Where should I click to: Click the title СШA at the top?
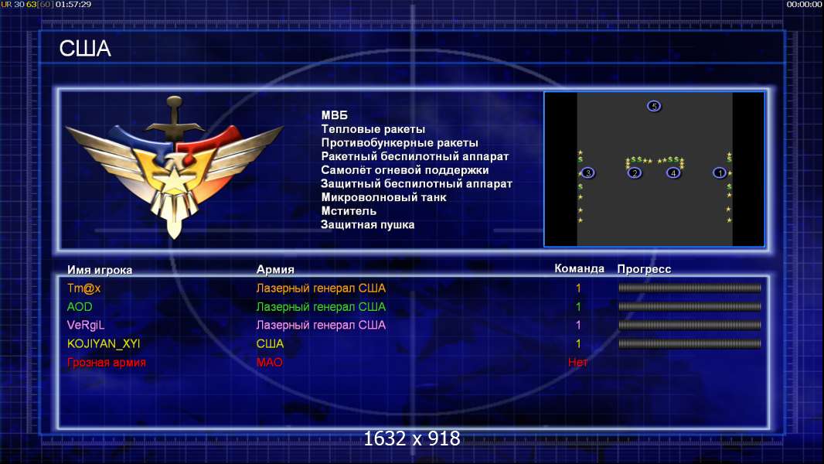coord(84,49)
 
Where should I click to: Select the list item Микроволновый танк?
coord(383,197)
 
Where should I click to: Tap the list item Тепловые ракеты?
coord(373,129)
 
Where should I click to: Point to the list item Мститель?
coord(349,211)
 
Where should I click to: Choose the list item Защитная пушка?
coord(367,225)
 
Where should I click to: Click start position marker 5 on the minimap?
coord(654,106)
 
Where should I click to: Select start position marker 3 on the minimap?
coord(588,172)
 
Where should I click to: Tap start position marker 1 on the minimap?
coord(720,172)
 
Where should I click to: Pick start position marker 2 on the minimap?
coord(635,172)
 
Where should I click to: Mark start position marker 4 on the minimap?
coord(673,172)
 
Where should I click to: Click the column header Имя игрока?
coord(99,270)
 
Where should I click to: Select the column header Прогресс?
coord(644,269)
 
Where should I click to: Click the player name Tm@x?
coord(84,288)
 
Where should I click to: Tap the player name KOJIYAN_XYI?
coord(104,343)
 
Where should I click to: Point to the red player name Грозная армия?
coord(106,362)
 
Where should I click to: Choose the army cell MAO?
coord(269,362)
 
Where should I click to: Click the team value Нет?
coord(578,362)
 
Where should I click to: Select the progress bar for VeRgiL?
coord(690,326)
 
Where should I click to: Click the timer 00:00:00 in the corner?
coord(804,4)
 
